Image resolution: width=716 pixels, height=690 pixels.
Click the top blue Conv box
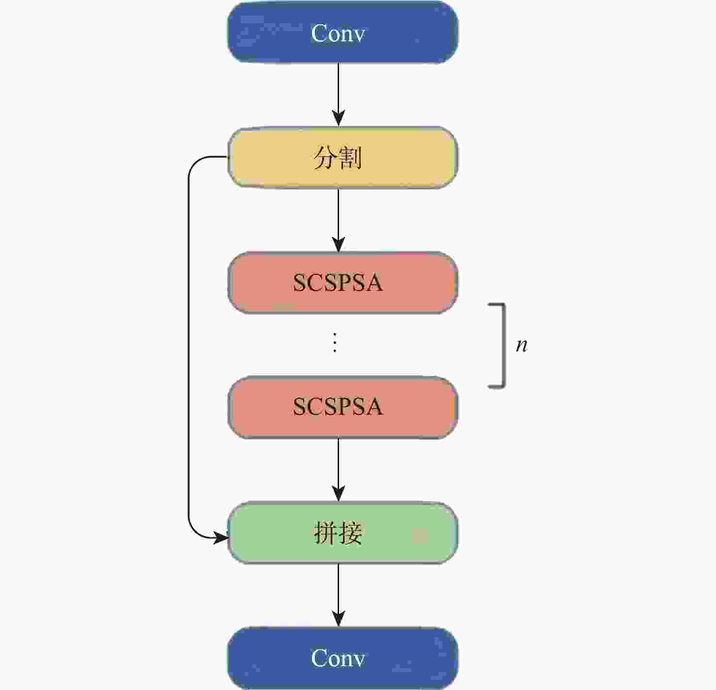[x=342, y=33]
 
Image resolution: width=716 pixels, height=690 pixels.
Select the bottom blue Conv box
[x=342, y=658]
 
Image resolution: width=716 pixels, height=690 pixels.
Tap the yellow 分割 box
[x=342, y=158]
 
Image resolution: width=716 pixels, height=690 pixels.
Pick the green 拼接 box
[x=342, y=533]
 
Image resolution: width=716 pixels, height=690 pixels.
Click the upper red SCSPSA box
[x=342, y=283]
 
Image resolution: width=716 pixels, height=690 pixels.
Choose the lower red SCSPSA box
[x=342, y=407]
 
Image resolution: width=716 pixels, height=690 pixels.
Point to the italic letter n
[x=521, y=346]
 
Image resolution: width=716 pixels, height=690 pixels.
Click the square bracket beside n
[x=504, y=346]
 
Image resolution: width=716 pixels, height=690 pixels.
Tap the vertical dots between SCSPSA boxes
[x=335, y=342]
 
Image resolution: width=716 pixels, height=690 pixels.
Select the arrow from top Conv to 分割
[x=339, y=95]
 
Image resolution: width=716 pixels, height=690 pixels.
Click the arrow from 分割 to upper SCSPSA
[x=339, y=220]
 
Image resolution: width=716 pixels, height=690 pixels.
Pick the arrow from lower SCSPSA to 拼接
[x=339, y=470]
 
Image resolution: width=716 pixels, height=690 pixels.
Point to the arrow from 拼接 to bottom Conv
[x=339, y=595]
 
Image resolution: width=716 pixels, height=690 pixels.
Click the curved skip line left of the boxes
[x=189, y=346]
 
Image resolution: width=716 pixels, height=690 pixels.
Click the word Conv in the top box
[x=338, y=33]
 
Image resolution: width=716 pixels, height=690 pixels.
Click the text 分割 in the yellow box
[x=338, y=158]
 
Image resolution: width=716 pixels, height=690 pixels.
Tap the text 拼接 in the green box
[x=338, y=533]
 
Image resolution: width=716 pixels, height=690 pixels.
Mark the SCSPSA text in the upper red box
[x=338, y=283]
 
